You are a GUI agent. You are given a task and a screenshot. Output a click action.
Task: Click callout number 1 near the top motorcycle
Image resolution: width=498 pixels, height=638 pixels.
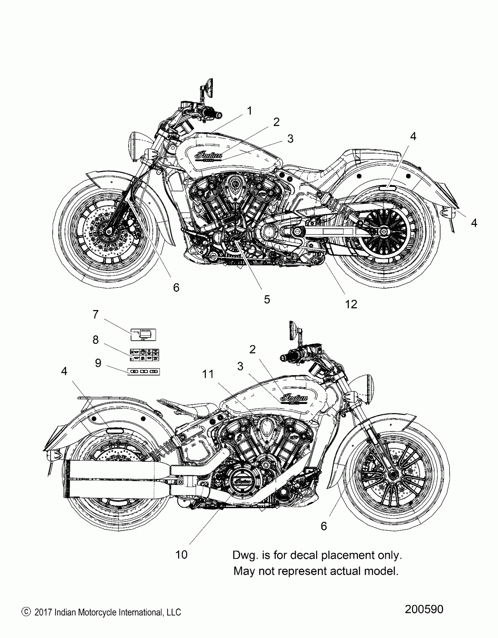(249, 111)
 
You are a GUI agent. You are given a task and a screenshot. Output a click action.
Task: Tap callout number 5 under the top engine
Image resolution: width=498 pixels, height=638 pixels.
(267, 299)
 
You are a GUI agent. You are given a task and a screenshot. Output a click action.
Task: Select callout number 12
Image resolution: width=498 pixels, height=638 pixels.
(351, 304)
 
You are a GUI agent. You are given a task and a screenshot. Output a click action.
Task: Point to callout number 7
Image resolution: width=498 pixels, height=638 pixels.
(95, 314)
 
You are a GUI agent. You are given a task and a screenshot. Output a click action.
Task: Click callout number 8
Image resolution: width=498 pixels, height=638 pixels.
(95, 340)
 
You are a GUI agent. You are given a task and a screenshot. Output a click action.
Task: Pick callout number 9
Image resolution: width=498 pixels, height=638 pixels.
(98, 363)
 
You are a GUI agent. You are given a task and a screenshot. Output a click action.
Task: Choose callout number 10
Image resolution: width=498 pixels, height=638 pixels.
(181, 555)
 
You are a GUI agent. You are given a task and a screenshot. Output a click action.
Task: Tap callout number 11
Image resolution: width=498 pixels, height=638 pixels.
(208, 374)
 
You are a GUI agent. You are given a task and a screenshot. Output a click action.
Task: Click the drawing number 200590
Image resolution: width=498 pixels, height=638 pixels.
(424, 609)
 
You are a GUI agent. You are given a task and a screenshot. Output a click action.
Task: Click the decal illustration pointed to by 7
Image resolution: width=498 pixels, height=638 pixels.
(143, 335)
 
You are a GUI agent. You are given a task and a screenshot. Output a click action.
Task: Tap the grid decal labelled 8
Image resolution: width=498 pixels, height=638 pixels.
(144, 355)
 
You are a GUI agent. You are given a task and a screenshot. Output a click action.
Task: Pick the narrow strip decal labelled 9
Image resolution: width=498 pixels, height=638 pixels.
(144, 372)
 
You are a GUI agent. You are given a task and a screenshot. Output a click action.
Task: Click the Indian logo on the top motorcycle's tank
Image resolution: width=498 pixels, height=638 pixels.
(208, 155)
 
